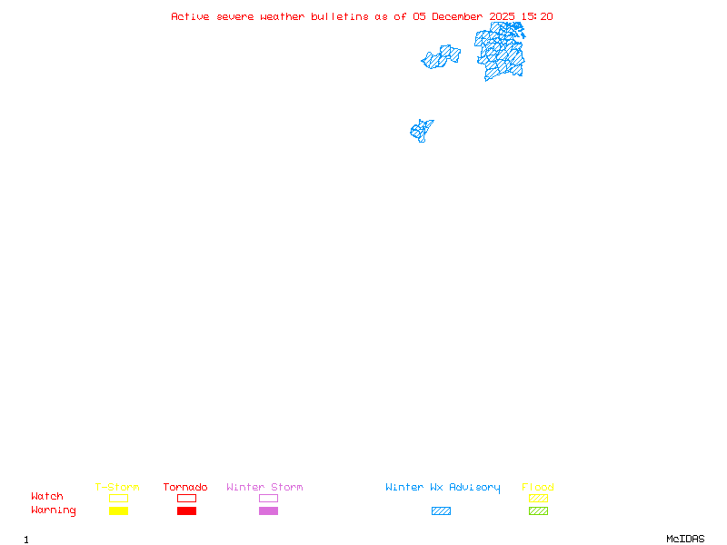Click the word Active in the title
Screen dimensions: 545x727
(190, 16)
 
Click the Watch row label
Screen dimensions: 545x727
(47, 497)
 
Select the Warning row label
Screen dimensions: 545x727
(54, 510)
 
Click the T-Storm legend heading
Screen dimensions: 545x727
(117, 488)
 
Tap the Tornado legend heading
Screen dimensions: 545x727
(185, 488)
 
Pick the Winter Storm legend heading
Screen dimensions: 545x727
(264, 488)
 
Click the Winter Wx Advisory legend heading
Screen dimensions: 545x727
(443, 488)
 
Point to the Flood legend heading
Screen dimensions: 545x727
(538, 488)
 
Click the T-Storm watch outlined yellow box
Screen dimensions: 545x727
(118, 498)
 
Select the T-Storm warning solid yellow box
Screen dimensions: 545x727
(118, 511)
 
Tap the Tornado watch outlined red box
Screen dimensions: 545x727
(186, 498)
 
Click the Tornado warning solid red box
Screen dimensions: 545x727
(186, 511)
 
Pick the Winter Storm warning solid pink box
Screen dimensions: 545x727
(268, 511)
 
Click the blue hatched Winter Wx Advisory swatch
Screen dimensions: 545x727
(441, 511)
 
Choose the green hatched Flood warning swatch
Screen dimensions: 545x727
(538, 511)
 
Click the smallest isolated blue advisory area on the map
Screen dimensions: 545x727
(421, 131)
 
